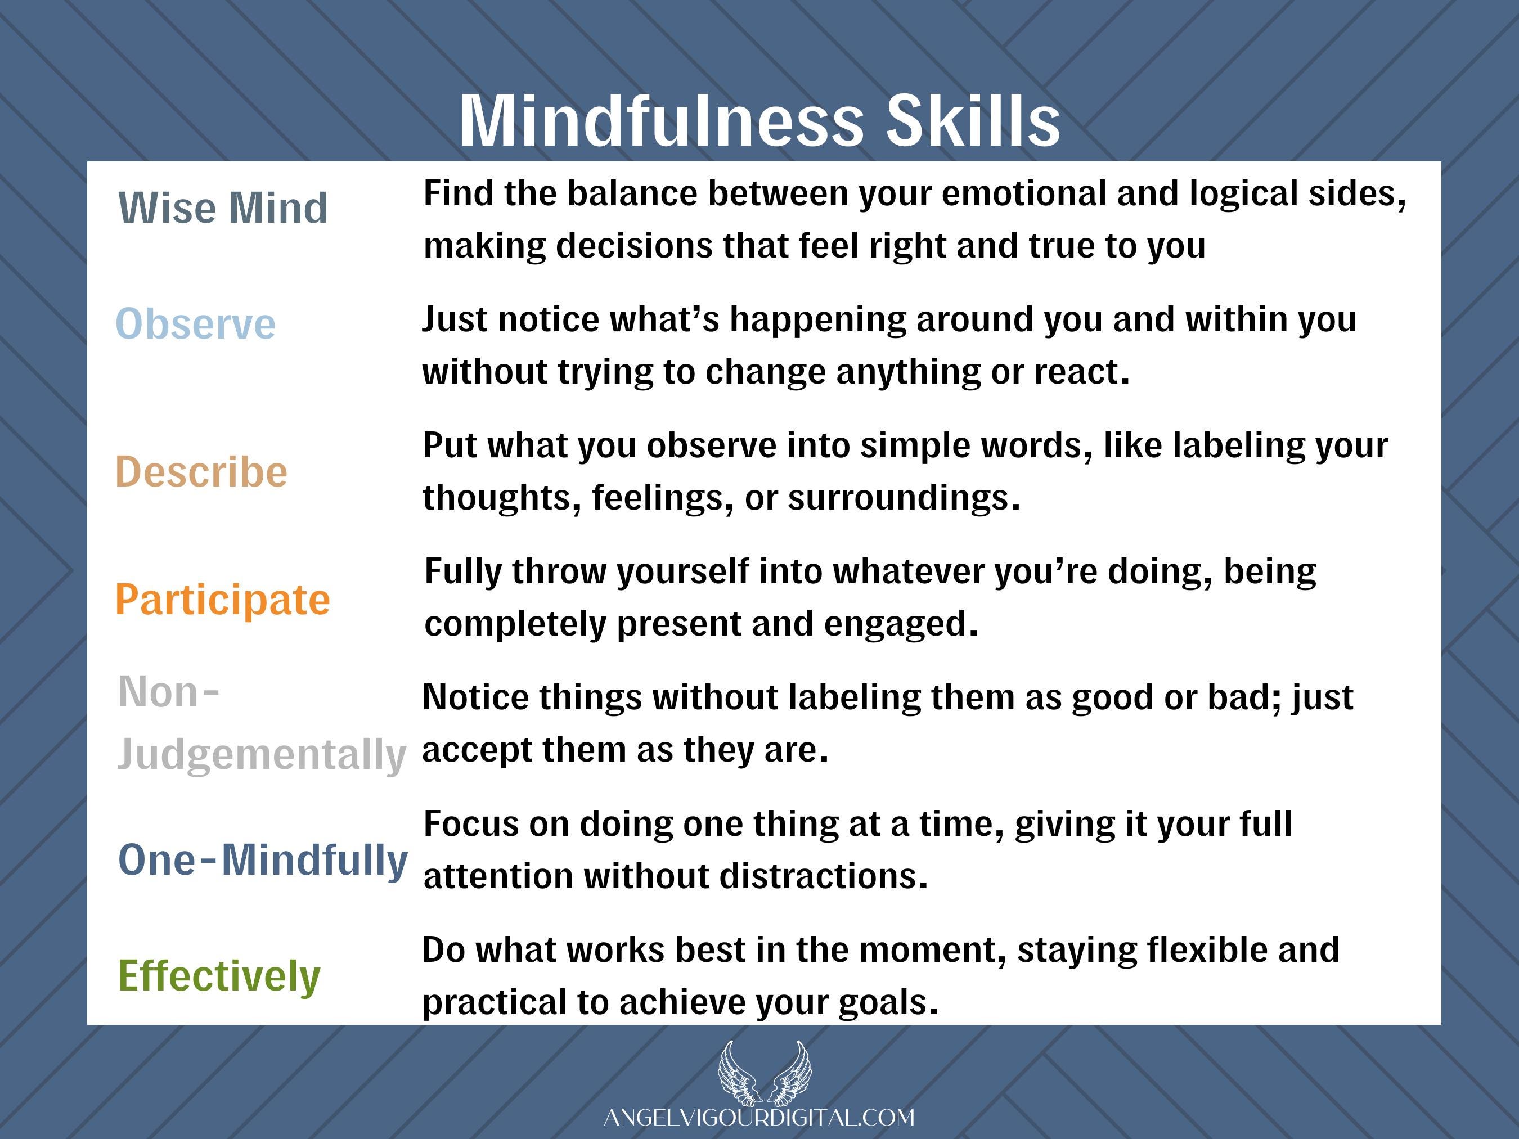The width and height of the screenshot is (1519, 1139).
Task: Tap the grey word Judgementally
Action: [x=262, y=755]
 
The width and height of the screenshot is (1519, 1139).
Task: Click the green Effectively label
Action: [x=219, y=976]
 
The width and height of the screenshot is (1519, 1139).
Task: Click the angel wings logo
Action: [x=765, y=1073]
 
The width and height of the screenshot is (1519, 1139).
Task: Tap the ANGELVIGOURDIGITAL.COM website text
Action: [x=759, y=1118]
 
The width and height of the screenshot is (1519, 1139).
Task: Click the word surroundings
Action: [x=904, y=498]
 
